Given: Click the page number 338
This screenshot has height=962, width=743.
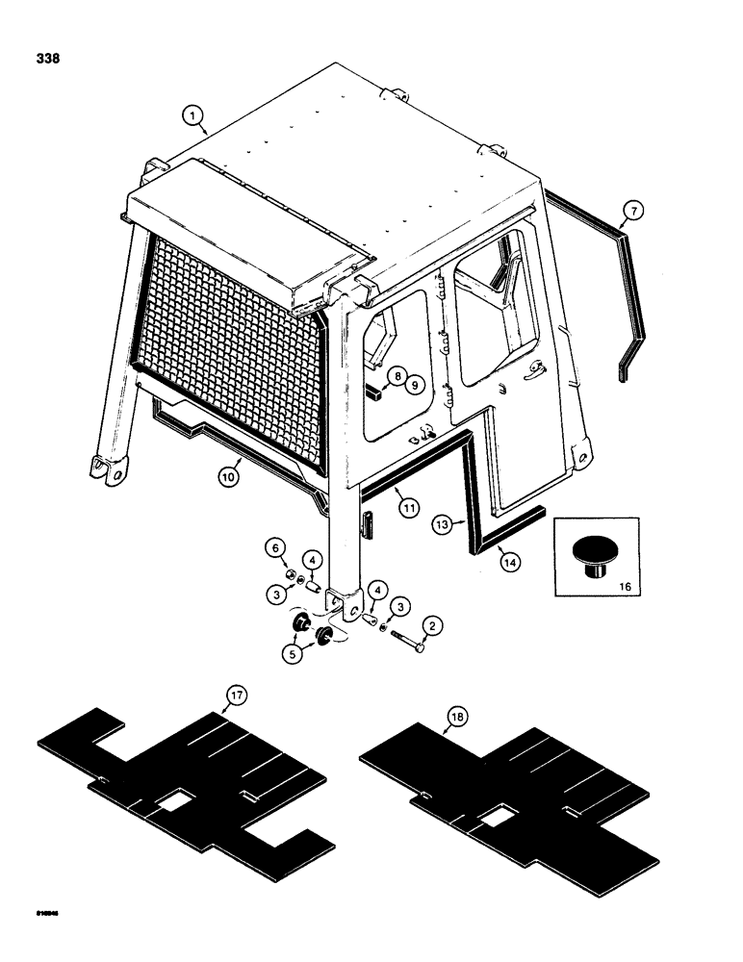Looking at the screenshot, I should [x=44, y=60].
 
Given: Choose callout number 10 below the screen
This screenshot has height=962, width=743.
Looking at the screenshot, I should [x=228, y=477].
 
